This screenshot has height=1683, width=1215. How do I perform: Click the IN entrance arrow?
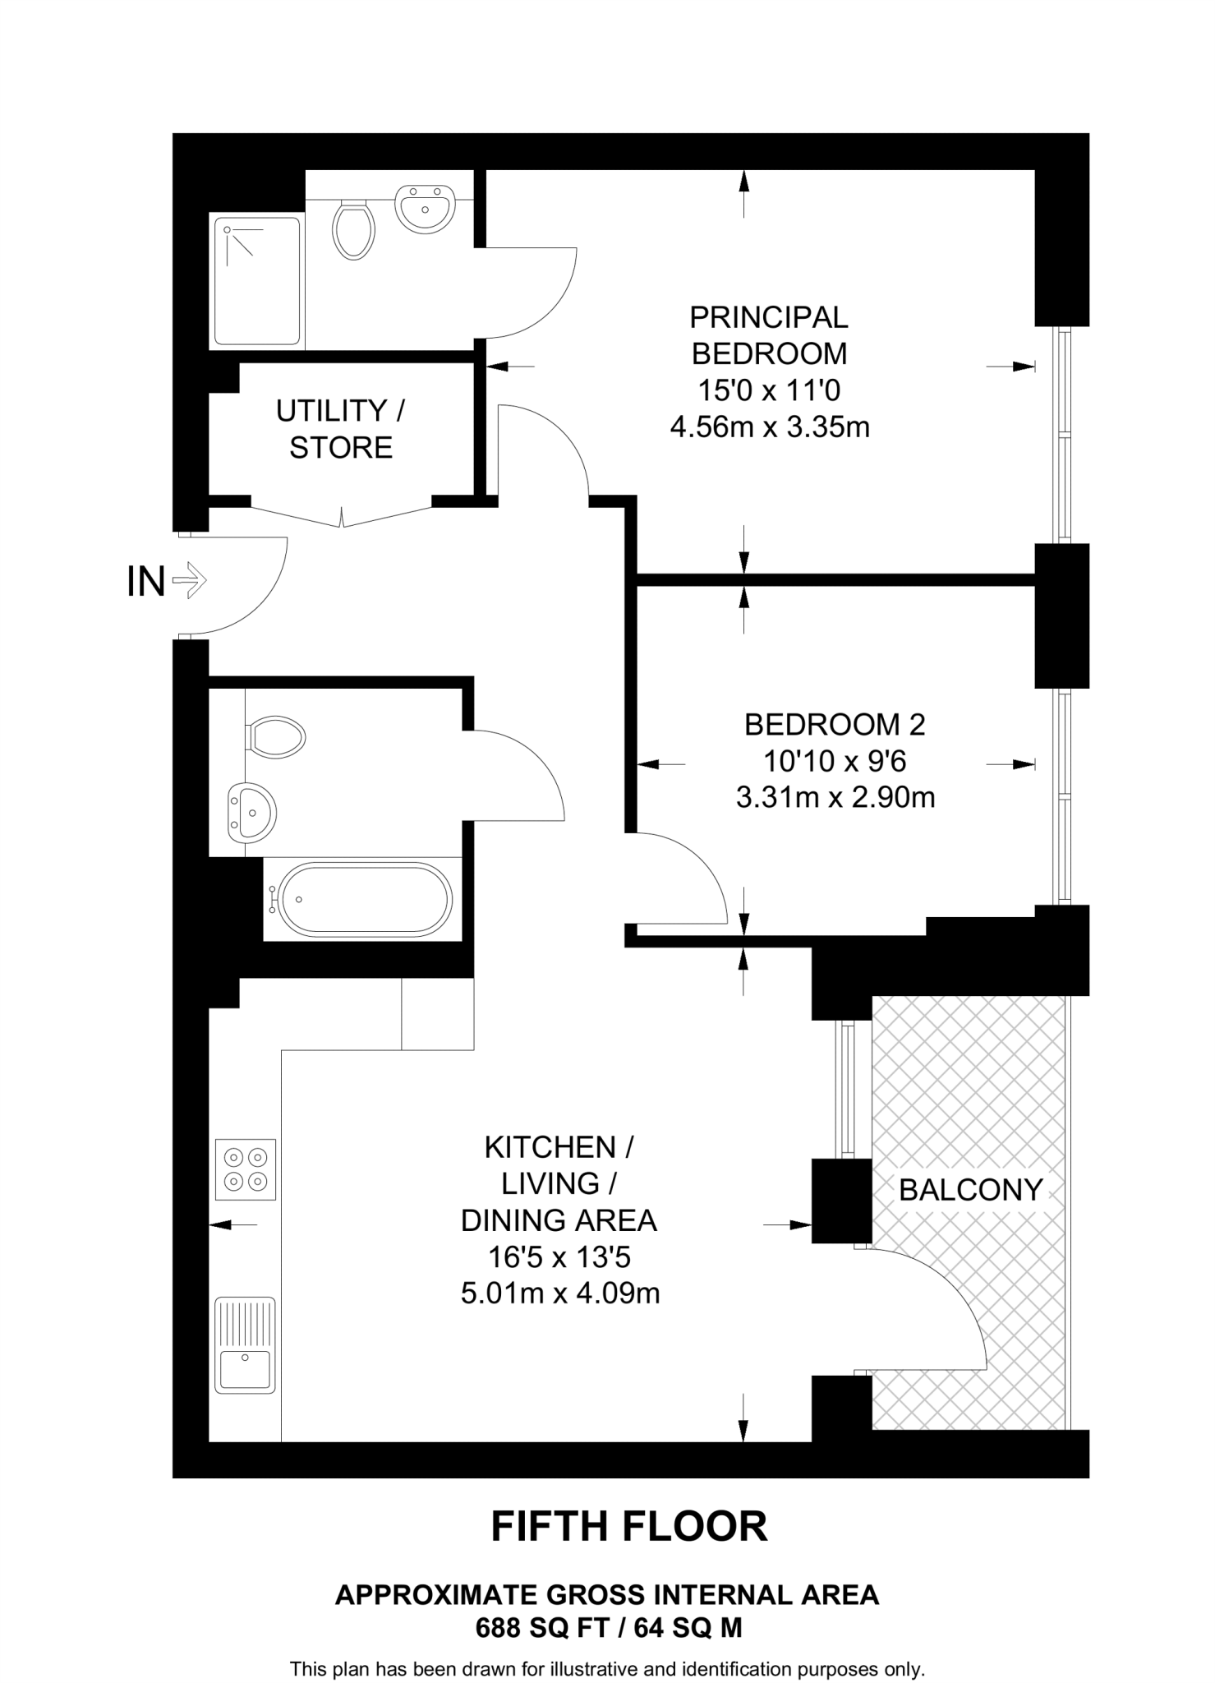(x=190, y=580)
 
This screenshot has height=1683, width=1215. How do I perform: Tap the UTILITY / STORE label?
(x=340, y=428)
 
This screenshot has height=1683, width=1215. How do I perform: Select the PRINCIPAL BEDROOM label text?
(x=769, y=334)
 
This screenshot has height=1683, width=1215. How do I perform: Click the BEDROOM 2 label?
(x=835, y=724)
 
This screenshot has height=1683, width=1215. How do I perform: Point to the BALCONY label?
(x=970, y=1189)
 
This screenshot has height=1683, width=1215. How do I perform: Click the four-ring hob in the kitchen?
(x=246, y=1169)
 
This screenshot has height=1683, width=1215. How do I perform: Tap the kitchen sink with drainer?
(x=245, y=1345)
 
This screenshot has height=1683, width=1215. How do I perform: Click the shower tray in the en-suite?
(x=256, y=280)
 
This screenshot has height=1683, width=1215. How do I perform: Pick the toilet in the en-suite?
(x=354, y=230)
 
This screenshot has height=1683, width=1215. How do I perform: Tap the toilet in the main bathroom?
(x=277, y=736)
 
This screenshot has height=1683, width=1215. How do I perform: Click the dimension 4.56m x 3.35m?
(x=769, y=427)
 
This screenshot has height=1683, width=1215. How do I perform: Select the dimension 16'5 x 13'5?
(x=559, y=1256)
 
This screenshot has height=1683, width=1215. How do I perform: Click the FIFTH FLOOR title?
(x=629, y=1526)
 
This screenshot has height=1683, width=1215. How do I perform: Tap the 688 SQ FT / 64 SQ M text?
(x=608, y=1627)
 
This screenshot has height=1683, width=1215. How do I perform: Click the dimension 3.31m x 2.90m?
(x=835, y=797)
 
